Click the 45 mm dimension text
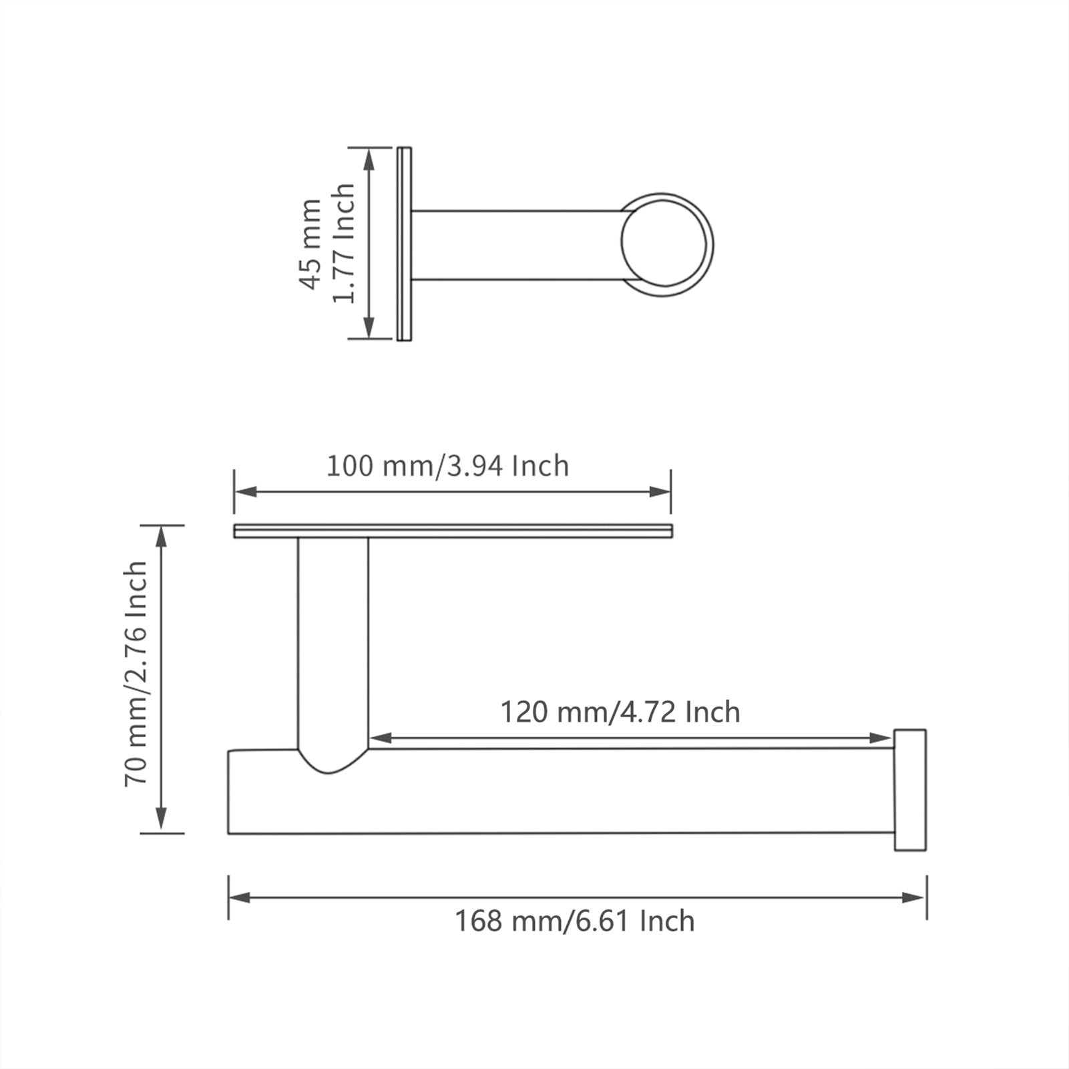pos(310,244)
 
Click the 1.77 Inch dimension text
pos(344,244)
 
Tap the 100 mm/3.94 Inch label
pos(447,465)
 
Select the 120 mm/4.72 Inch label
pos(620,712)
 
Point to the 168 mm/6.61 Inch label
pos(575,921)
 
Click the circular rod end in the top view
pos(664,243)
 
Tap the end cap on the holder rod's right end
pos(909,790)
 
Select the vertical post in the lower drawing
pos(333,641)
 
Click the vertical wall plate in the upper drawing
pos(404,244)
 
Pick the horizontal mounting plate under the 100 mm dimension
pos(453,531)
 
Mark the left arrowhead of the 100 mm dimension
pos(246,492)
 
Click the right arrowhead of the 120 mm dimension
pos(881,738)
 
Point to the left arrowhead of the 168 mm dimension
pos(240,897)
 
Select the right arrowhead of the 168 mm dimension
pos(915,897)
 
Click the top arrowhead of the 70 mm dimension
pos(161,537)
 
